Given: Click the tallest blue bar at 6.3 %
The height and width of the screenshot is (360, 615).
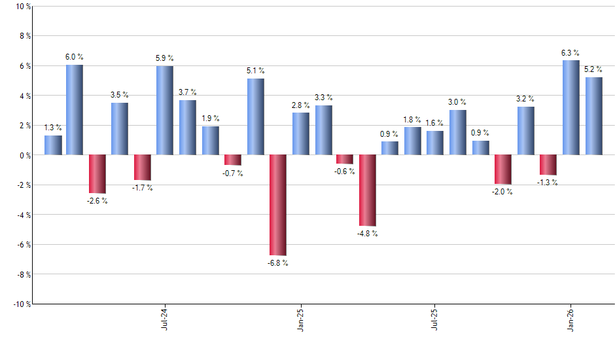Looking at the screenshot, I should point(571,108).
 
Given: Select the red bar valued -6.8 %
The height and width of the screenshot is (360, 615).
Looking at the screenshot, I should point(278,205).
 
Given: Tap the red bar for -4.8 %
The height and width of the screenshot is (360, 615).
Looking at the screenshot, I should point(368,190).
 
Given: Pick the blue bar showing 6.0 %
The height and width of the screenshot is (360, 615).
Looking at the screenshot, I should point(75,110).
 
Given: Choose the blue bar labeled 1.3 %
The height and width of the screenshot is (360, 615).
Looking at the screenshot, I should point(53,145).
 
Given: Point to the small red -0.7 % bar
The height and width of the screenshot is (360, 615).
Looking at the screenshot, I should point(233,160).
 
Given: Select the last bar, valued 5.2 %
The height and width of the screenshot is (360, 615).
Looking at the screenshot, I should point(594,116).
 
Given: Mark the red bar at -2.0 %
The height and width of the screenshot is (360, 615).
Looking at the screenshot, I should point(503,170).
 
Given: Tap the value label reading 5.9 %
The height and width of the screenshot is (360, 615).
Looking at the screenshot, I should point(165,58).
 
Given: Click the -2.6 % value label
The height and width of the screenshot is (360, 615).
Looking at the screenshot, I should point(97,201).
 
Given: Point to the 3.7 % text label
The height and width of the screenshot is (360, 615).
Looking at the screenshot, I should point(188,92).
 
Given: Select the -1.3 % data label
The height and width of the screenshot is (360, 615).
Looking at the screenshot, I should point(548,183).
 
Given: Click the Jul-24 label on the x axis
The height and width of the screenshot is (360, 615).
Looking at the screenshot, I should point(165,318).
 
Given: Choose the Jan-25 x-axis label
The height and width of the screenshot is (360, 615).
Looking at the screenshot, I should point(300,318).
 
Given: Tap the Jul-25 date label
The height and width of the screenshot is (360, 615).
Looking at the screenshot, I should point(435,318).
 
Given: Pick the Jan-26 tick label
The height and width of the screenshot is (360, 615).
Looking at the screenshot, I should point(571,318).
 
